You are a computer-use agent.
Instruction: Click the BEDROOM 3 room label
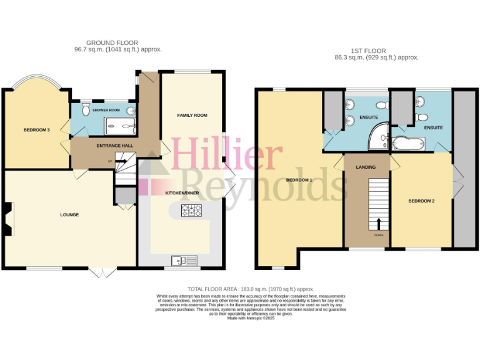point(36,130)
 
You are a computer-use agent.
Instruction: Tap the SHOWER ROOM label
point(105,110)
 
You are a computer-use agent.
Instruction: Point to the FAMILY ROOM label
point(192,116)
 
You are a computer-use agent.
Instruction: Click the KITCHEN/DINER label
point(182,193)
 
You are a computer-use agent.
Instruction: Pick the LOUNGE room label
point(69,215)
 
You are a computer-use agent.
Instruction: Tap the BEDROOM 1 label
point(299,180)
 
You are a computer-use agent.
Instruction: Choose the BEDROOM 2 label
point(421,201)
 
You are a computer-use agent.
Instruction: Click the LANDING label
point(366,167)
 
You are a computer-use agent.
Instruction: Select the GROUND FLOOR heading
point(112,43)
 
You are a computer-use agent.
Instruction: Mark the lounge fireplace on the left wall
point(6,220)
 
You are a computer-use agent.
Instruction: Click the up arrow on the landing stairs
point(379,223)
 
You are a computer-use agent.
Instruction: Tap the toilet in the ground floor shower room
point(130,111)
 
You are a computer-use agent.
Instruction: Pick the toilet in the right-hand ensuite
point(423,117)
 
